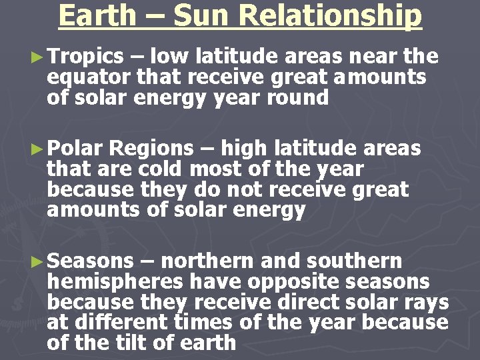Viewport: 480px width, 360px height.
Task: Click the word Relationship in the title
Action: click(332, 16)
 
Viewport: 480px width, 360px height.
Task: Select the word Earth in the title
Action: click(97, 16)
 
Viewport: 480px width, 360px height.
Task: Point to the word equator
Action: click(89, 78)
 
